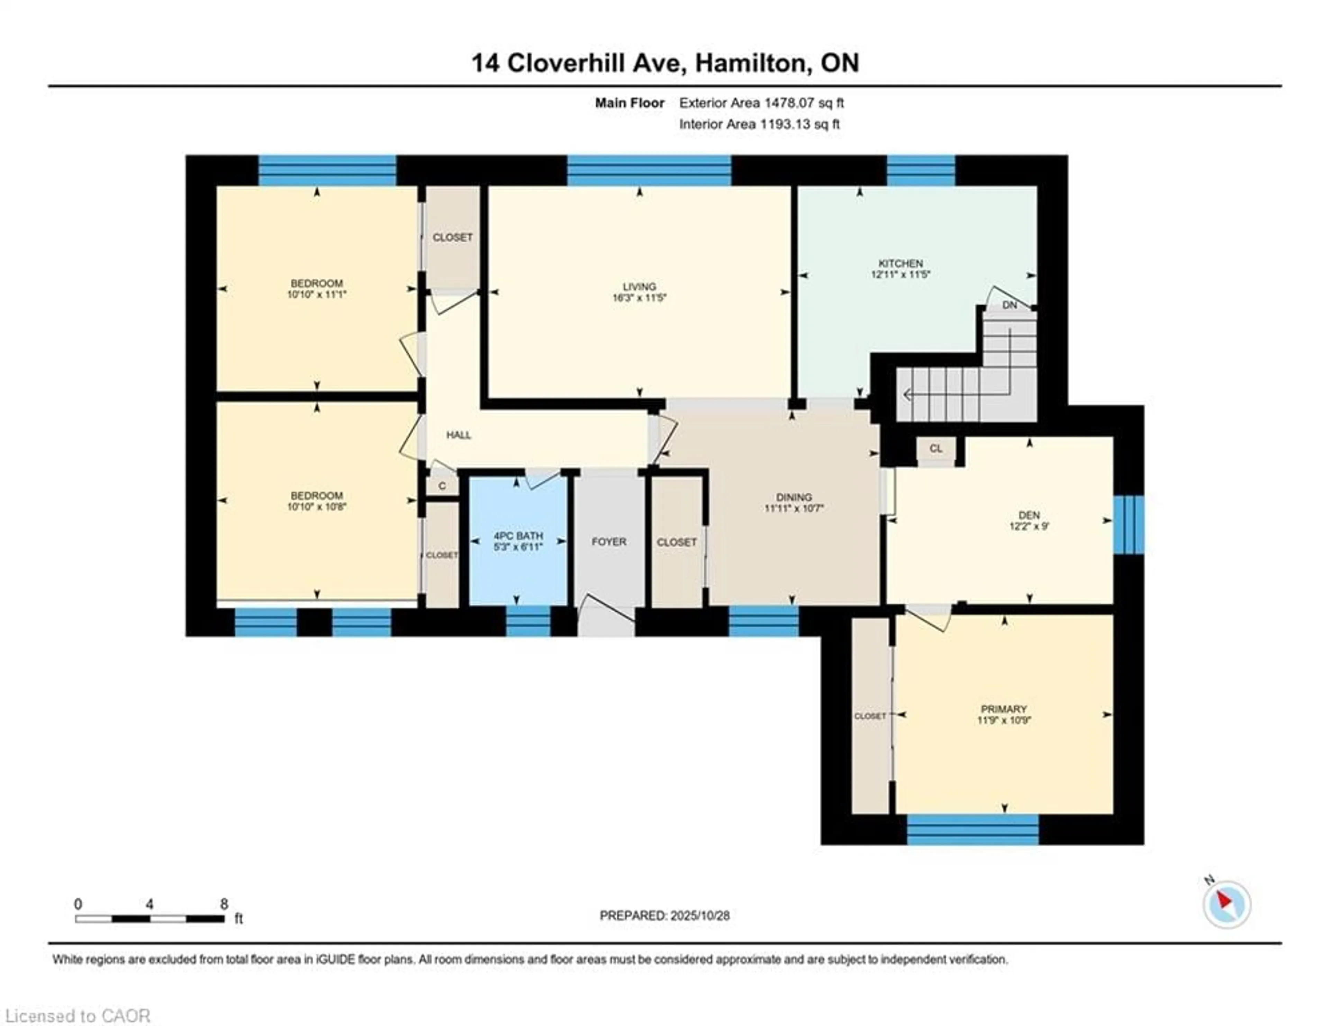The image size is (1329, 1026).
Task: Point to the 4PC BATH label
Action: (x=518, y=535)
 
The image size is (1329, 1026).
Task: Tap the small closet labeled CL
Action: (x=936, y=449)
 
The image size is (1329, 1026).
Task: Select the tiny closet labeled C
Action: (x=442, y=486)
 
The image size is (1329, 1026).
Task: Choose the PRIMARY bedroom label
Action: (x=1003, y=709)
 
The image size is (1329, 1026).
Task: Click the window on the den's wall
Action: (x=1129, y=524)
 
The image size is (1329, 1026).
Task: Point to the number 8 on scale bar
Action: (x=224, y=904)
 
